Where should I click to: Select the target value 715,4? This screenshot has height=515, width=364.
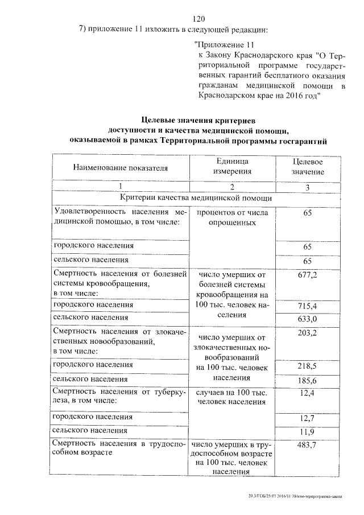click(x=307, y=307)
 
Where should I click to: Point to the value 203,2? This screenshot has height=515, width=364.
click(x=307, y=332)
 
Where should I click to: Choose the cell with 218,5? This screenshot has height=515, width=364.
click(x=307, y=364)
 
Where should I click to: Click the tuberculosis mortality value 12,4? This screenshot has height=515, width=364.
click(x=307, y=393)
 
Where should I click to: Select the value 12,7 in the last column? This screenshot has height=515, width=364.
click(x=307, y=420)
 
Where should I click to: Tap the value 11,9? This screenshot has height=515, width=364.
click(x=307, y=432)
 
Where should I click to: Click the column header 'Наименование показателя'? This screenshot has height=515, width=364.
click(x=121, y=168)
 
